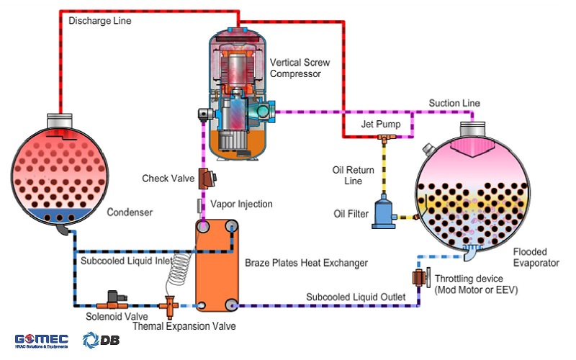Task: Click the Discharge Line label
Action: pyautogui.click(x=99, y=21)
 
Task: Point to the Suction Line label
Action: pyautogui.click(x=454, y=103)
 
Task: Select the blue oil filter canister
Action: pyautogui.click(x=384, y=214)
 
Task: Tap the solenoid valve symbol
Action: pyautogui.click(x=112, y=298)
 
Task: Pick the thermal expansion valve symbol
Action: pyautogui.click(x=171, y=305)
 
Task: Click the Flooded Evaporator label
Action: pyautogui.click(x=536, y=257)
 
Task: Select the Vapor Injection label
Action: pyautogui.click(x=240, y=204)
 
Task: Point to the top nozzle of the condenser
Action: pyautogui.click(x=59, y=117)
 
